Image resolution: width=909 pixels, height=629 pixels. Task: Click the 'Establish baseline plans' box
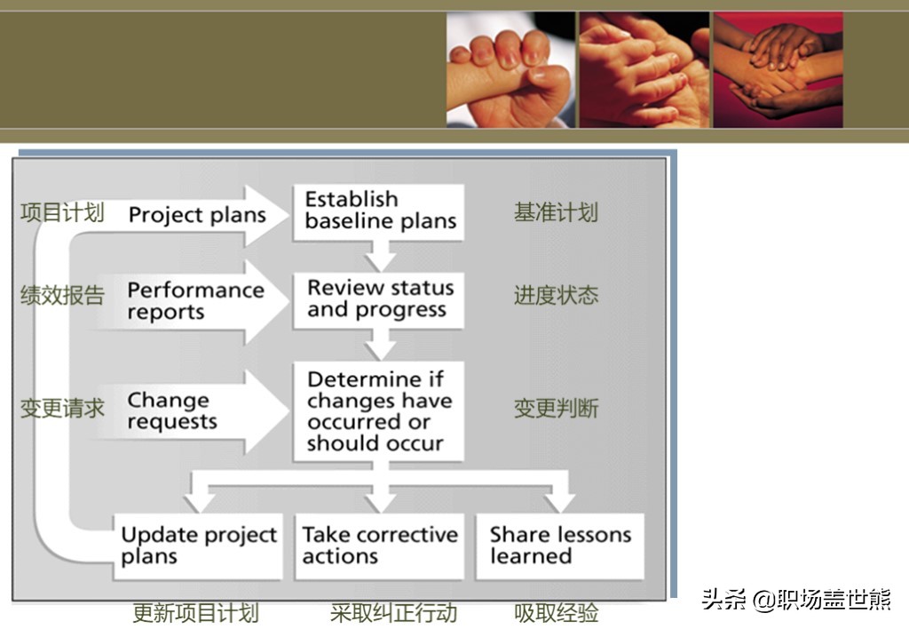point(378,211)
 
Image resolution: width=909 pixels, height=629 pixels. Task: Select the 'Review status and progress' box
point(378,300)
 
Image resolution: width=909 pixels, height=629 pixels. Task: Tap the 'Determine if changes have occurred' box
point(378,411)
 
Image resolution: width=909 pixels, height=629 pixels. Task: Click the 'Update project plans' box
point(198,546)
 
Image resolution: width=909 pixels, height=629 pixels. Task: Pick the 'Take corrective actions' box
point(380,546)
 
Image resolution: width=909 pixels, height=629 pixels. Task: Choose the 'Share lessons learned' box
point(560,546)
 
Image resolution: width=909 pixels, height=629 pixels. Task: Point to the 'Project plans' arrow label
point(197,215)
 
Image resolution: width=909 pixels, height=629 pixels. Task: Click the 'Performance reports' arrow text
point(196,300)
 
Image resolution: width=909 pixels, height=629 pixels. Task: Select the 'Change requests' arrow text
point(172,410)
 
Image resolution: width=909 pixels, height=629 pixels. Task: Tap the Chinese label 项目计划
point(63,212)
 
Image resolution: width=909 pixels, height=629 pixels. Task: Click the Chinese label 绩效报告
point(63,295)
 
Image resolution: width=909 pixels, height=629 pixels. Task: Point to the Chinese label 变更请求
point(63,409)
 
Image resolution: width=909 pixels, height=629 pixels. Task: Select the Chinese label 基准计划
point(556,212)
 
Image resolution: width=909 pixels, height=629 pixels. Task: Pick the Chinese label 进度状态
point(556,295)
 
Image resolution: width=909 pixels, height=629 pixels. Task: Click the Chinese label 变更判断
point(556,409)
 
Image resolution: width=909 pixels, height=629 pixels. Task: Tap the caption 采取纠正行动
point(393,613)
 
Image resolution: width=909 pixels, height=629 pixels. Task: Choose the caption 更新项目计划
point(196,613)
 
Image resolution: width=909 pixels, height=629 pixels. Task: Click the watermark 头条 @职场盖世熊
point(796,600)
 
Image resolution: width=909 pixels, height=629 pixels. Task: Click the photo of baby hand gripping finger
point(510,69)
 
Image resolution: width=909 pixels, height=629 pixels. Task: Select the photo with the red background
point(778,69)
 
